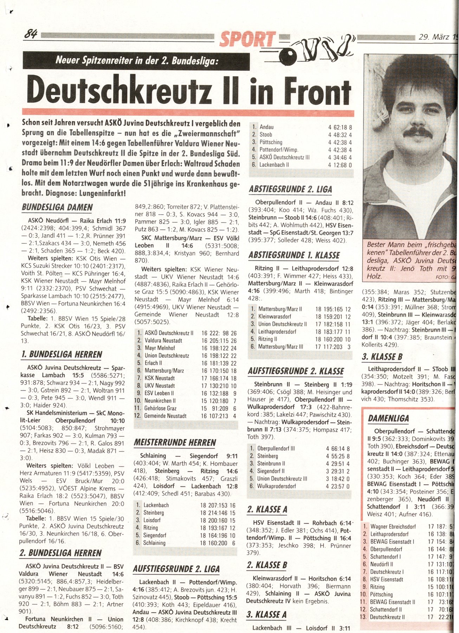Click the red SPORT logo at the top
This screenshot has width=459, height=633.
coord(247,39)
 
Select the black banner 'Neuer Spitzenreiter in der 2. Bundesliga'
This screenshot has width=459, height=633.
coord(136,61)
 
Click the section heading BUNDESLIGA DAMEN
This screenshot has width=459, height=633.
coord(57,207)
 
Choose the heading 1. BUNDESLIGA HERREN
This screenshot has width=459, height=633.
coord(62,354)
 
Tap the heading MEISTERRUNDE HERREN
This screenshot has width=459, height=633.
coord(175,442)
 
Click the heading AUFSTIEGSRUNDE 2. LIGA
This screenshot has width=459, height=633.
coord(176,569)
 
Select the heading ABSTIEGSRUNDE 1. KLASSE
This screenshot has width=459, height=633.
coord(294,255)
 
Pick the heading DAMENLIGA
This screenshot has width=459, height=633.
coord(388,418)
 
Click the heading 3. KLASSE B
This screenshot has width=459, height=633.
coord(382,357)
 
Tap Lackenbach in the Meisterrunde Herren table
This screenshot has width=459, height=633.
coord(156,505)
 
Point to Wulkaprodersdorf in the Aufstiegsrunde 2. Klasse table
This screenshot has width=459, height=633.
coord(277,486)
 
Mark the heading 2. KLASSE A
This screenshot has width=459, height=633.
coord(267,509)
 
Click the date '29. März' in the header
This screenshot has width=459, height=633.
coord(434,37)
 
